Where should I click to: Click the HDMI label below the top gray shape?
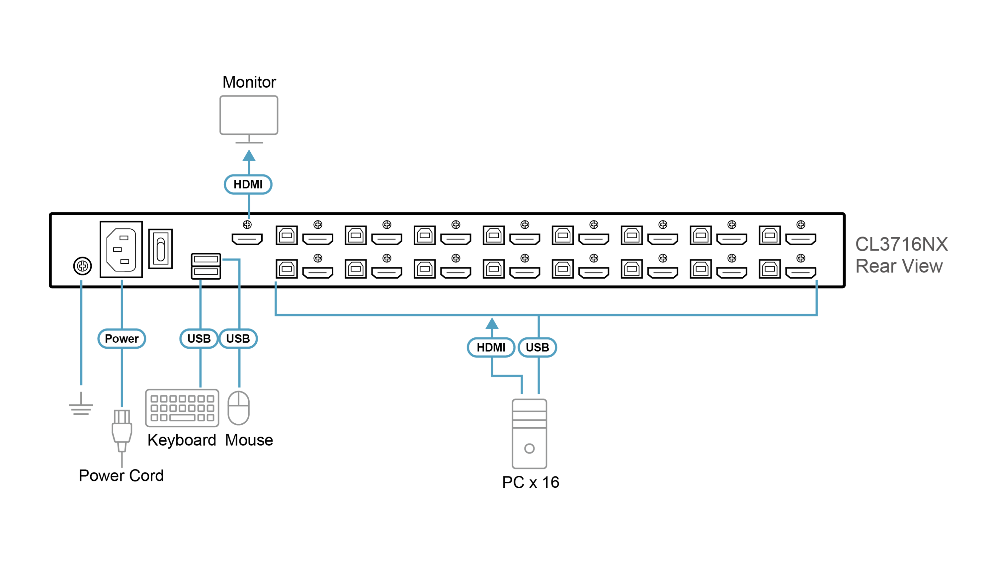(x=248, y=184)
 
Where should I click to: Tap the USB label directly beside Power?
(x=199, y=338)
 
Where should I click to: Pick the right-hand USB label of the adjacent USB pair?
(x=238, y=338)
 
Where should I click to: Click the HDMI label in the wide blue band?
(x=491, y=347)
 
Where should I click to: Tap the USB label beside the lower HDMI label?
(x=537, y=347)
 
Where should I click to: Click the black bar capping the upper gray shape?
(x=248, y=83)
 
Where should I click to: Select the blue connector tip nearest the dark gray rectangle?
(x=817, y=282)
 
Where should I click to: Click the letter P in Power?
(x=109, y=338)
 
